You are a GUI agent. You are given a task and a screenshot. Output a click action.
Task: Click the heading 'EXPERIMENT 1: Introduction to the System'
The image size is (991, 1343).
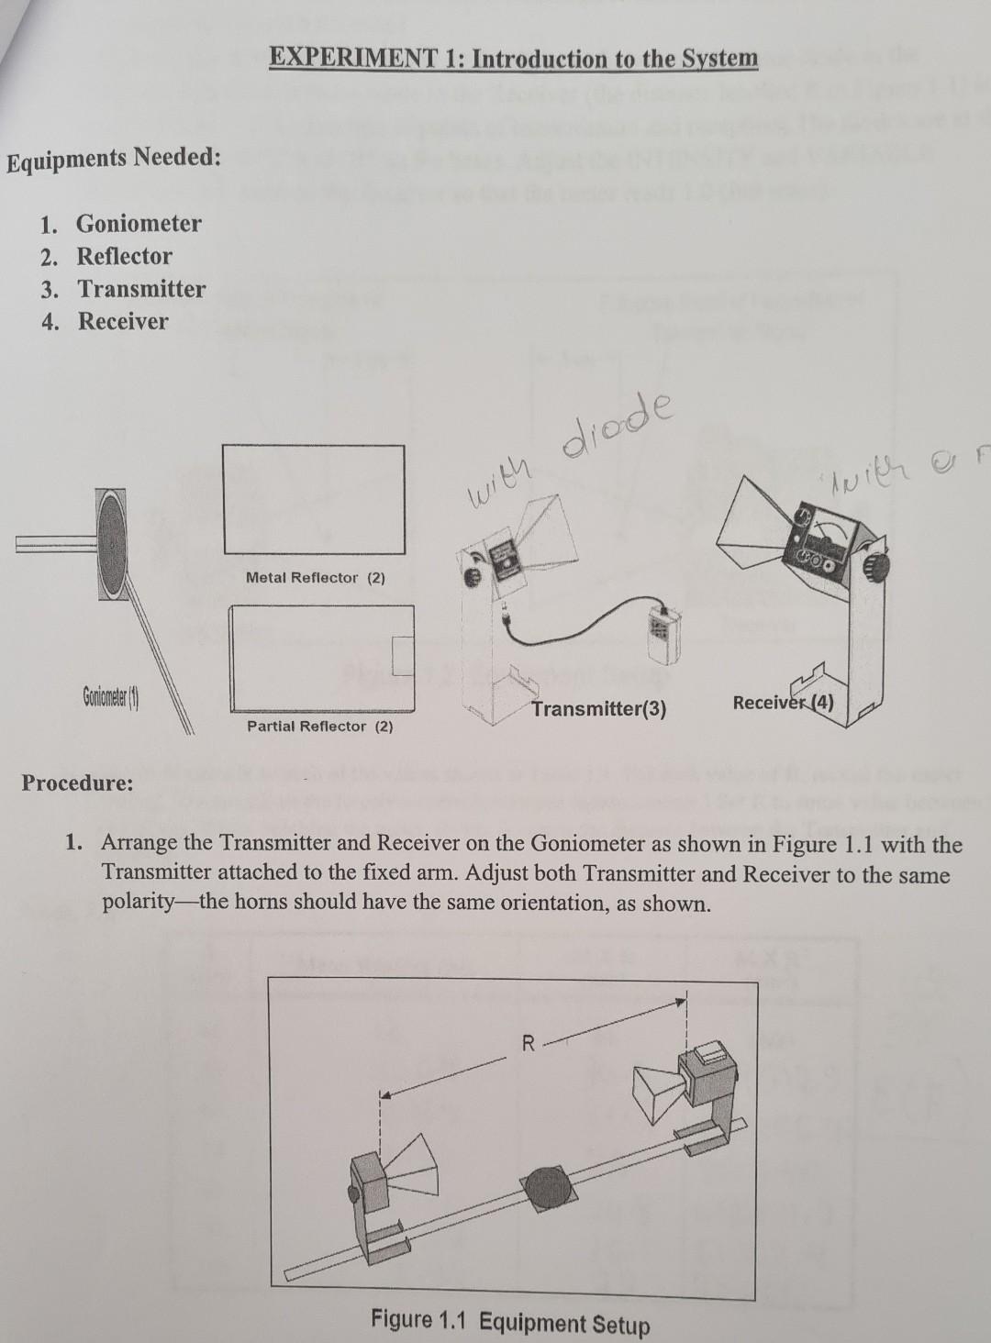coord(514,59)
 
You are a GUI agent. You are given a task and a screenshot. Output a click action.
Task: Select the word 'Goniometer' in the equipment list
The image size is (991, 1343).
coord(139,224)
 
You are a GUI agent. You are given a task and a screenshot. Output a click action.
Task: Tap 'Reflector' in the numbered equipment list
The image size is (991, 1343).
coord(124,257)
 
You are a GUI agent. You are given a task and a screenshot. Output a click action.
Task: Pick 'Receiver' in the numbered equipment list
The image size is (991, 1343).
coord(123,322)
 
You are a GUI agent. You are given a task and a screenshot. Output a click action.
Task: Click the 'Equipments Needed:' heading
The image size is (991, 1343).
coord(114,159)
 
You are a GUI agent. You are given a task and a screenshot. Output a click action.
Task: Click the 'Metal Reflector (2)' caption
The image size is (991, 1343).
coord(316,578)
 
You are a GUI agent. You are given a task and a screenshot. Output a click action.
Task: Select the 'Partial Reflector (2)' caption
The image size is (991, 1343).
coord(319,727)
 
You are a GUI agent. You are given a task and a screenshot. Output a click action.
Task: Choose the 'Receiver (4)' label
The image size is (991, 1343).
coord(783,704)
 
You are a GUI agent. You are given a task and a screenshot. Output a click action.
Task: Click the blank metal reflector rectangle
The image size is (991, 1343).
coord(313,500)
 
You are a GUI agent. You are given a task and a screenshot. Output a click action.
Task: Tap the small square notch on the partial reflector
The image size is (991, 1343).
coord(403,653)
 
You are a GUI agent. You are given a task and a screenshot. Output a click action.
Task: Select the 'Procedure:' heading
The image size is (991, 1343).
coord(78,783)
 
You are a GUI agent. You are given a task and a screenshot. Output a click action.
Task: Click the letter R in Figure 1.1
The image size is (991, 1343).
coord(528,1043)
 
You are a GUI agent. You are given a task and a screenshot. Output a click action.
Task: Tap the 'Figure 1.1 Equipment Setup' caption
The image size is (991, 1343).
coord(510,1322)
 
